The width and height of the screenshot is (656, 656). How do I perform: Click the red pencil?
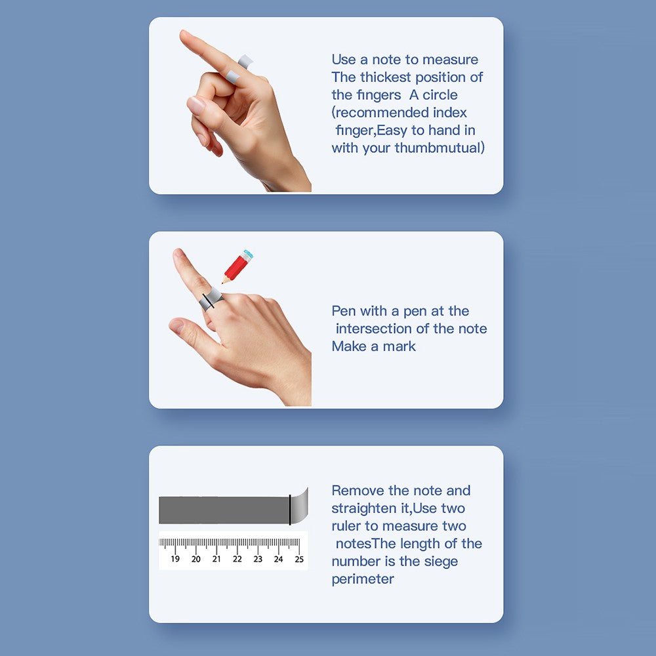click(237, 266)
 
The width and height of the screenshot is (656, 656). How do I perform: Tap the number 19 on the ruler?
click(175, 559)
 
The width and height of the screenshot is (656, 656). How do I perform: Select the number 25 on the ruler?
click(299, 559)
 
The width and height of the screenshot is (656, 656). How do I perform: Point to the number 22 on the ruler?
click(237, 559)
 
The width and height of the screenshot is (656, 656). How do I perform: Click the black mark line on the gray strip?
click(290, 510)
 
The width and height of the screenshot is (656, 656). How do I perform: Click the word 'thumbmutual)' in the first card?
click(440, 148)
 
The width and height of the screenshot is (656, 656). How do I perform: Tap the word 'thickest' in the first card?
click(385, 77)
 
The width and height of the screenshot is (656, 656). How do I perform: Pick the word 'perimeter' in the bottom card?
click(363, 579)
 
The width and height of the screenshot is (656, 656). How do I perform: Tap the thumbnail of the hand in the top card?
click(195, 105)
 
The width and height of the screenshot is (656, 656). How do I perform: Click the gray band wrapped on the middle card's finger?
click(211, 298)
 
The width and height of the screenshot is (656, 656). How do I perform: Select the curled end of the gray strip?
click(300, 506)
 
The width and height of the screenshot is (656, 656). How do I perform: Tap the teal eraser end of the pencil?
click(249, 253)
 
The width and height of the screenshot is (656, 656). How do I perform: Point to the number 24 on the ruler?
click(279, 559)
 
